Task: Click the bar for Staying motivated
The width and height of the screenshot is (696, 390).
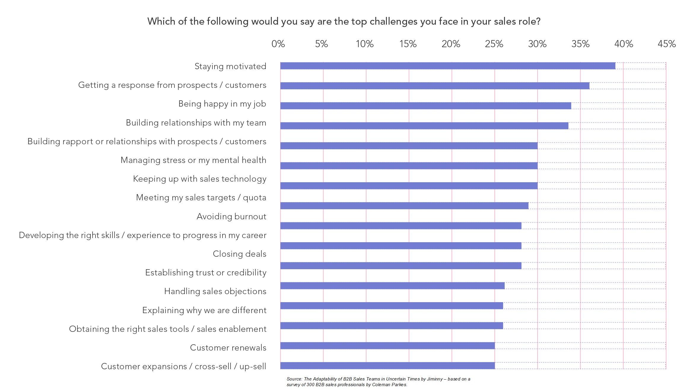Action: (447, 66)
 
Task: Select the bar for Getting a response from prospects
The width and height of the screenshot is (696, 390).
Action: (435, 86)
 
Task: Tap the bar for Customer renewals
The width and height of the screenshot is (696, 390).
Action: (387, 346)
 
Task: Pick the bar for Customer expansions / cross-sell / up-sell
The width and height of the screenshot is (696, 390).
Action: (387, 366)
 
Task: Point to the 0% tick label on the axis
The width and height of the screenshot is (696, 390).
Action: (278, 44)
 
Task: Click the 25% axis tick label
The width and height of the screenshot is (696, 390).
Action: (494, 44)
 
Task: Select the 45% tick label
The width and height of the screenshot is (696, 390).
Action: (667, 44)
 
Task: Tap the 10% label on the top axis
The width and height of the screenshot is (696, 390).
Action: (365, 44)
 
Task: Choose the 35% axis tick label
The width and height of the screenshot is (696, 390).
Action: (580, 44)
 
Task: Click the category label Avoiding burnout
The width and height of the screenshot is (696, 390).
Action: (231, 216)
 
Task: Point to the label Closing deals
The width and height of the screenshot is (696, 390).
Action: (239, 254)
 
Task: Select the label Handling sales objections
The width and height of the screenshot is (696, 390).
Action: (215, 291)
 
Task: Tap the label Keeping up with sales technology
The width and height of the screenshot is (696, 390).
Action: (200, 179)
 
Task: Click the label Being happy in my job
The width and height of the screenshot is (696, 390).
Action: (222, 104)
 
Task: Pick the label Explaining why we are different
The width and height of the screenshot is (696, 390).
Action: (204, 310)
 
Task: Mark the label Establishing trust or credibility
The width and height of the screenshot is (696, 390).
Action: (206, 272)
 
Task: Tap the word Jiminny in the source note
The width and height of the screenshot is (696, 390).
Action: (435, 379)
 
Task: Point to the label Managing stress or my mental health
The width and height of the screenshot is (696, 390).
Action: (193, 160)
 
